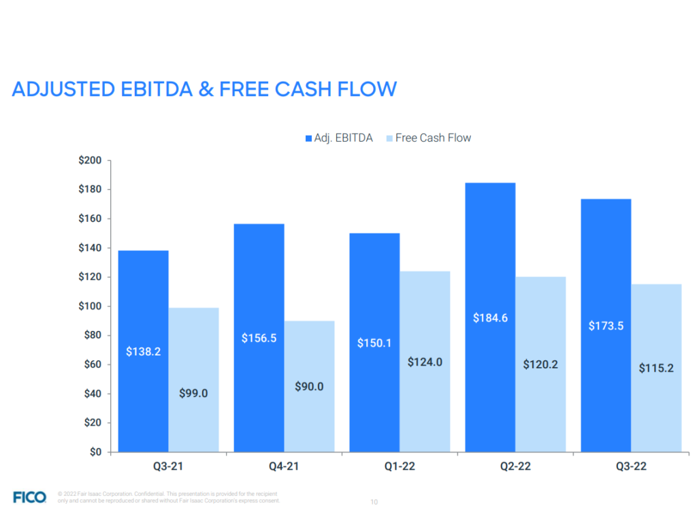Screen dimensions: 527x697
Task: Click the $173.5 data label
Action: click(606, 326)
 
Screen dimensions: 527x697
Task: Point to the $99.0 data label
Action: click(193, 393)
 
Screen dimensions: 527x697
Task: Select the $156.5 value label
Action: click(259, 338)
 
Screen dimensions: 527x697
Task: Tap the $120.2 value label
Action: click(540, 364)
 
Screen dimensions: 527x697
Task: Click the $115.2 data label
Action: click(656, 368)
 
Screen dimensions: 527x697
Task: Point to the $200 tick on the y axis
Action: click(90, 161)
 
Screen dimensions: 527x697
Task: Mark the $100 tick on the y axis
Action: click(90, 306)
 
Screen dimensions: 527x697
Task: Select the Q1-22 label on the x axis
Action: click(400, 466)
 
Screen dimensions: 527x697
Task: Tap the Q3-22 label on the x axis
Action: click(631, 466)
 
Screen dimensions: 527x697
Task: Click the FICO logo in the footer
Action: click(30, 497)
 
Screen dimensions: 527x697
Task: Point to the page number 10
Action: click(374, 502)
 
